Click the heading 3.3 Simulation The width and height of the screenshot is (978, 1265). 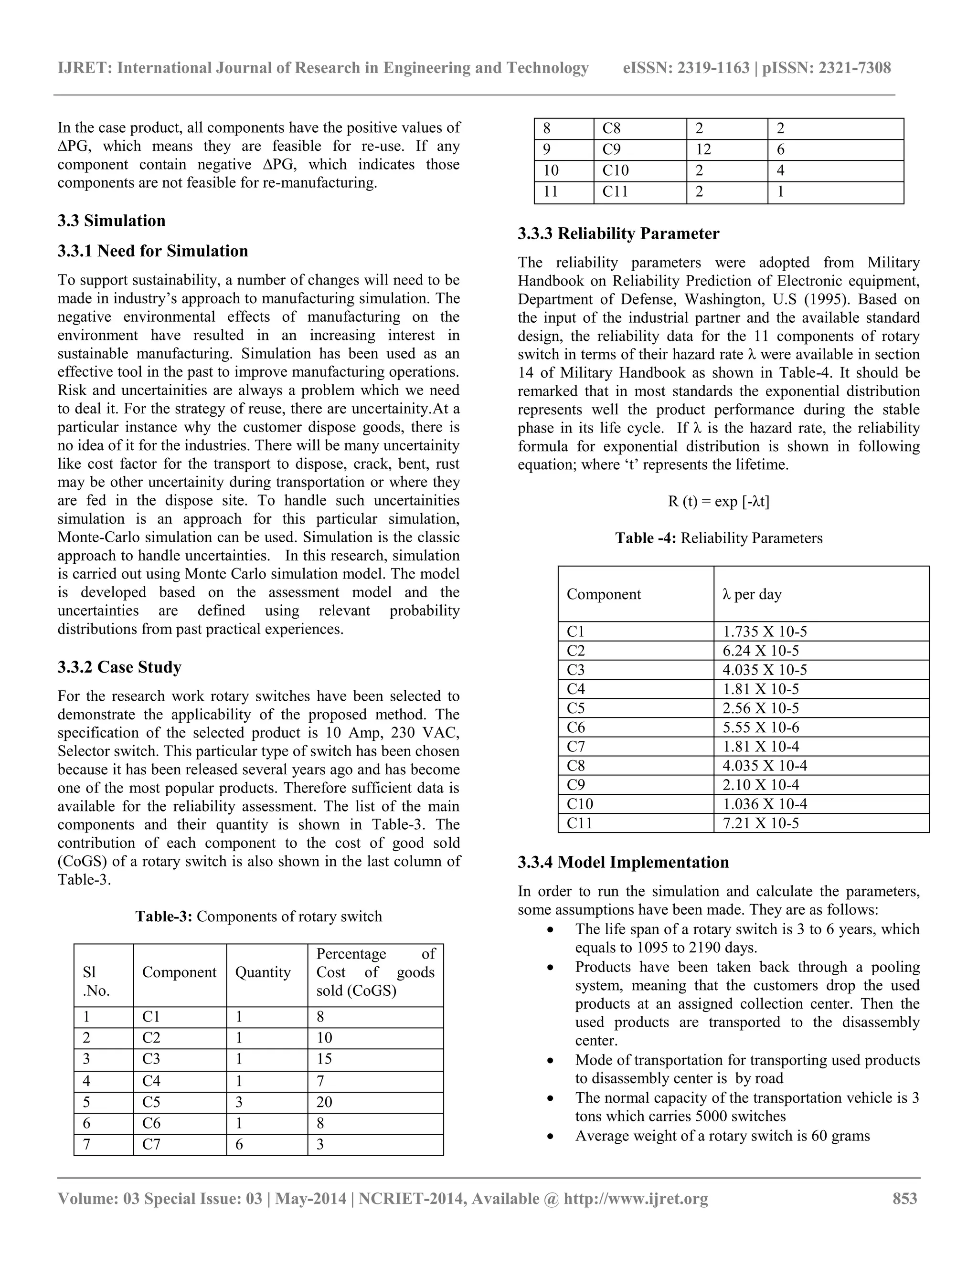111,221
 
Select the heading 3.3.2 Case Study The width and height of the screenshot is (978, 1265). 119,667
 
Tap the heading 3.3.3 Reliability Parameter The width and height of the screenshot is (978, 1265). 618,233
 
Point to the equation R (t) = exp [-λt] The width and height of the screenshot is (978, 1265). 718,501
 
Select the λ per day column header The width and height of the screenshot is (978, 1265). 752,594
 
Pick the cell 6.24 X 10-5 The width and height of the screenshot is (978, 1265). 760,651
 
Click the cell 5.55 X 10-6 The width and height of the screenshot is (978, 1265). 760,727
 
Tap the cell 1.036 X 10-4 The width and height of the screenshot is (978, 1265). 764,803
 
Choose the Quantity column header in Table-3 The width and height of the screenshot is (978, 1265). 263,972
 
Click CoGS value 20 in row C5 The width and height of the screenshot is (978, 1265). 324,1102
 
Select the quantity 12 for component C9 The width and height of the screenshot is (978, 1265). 703,149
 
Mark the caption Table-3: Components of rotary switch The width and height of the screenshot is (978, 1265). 258,917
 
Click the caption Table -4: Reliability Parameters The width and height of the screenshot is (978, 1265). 718,538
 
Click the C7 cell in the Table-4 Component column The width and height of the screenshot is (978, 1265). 576,746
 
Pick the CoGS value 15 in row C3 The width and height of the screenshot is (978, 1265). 324,1059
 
